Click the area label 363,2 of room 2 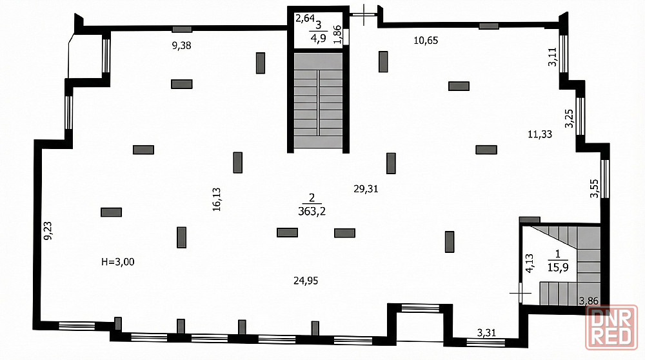[x=312, y=212]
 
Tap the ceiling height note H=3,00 [x=117, y=262]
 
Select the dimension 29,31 [x=366, y=189]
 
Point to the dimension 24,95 [x=306, y=281]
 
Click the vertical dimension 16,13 [x=217, y=199]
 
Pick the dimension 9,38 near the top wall [x=181, y=46]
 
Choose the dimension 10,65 [x=426, y=40]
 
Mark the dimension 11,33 [x=540, y=134]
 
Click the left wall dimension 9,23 [x=48, y=231]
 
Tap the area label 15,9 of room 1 [x=558, y=268]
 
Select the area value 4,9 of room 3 [x=319, y=39]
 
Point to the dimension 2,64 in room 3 [x=305, y=18]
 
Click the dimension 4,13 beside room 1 [x=530, y=263]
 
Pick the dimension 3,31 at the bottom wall [x=486, y=332]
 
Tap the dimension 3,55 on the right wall [x=595, y=188]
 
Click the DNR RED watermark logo [x=611, y=328]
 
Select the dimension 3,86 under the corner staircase [x=589, y=301]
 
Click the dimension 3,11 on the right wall [x=552, y=57]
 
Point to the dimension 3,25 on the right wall [x=569, y=119]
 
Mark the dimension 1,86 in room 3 [x=337, y=35]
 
